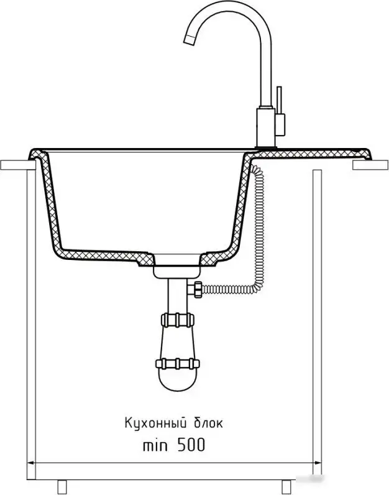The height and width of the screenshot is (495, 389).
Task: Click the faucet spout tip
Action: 189,39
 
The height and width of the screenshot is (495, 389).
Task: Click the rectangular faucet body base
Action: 266,127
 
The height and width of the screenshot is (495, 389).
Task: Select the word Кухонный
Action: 154,423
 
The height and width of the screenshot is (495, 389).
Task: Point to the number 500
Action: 191,445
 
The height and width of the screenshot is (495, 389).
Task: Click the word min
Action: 155,445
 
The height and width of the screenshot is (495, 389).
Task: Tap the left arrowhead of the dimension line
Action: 31,463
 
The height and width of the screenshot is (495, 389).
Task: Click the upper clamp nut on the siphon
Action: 177,320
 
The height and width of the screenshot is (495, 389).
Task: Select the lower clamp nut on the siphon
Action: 178,364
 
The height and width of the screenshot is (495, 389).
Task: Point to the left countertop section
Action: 18,165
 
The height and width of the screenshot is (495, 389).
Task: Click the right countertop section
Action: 370,165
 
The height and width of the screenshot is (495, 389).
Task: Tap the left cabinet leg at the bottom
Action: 62,487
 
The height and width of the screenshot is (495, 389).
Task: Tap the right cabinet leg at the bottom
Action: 286,487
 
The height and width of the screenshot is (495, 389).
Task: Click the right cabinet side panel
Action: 317,325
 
